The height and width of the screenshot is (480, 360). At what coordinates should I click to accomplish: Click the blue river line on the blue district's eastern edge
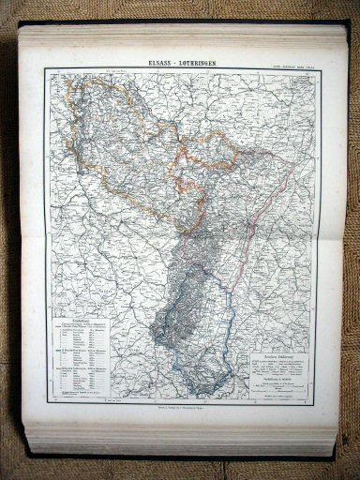click(231, 309)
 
